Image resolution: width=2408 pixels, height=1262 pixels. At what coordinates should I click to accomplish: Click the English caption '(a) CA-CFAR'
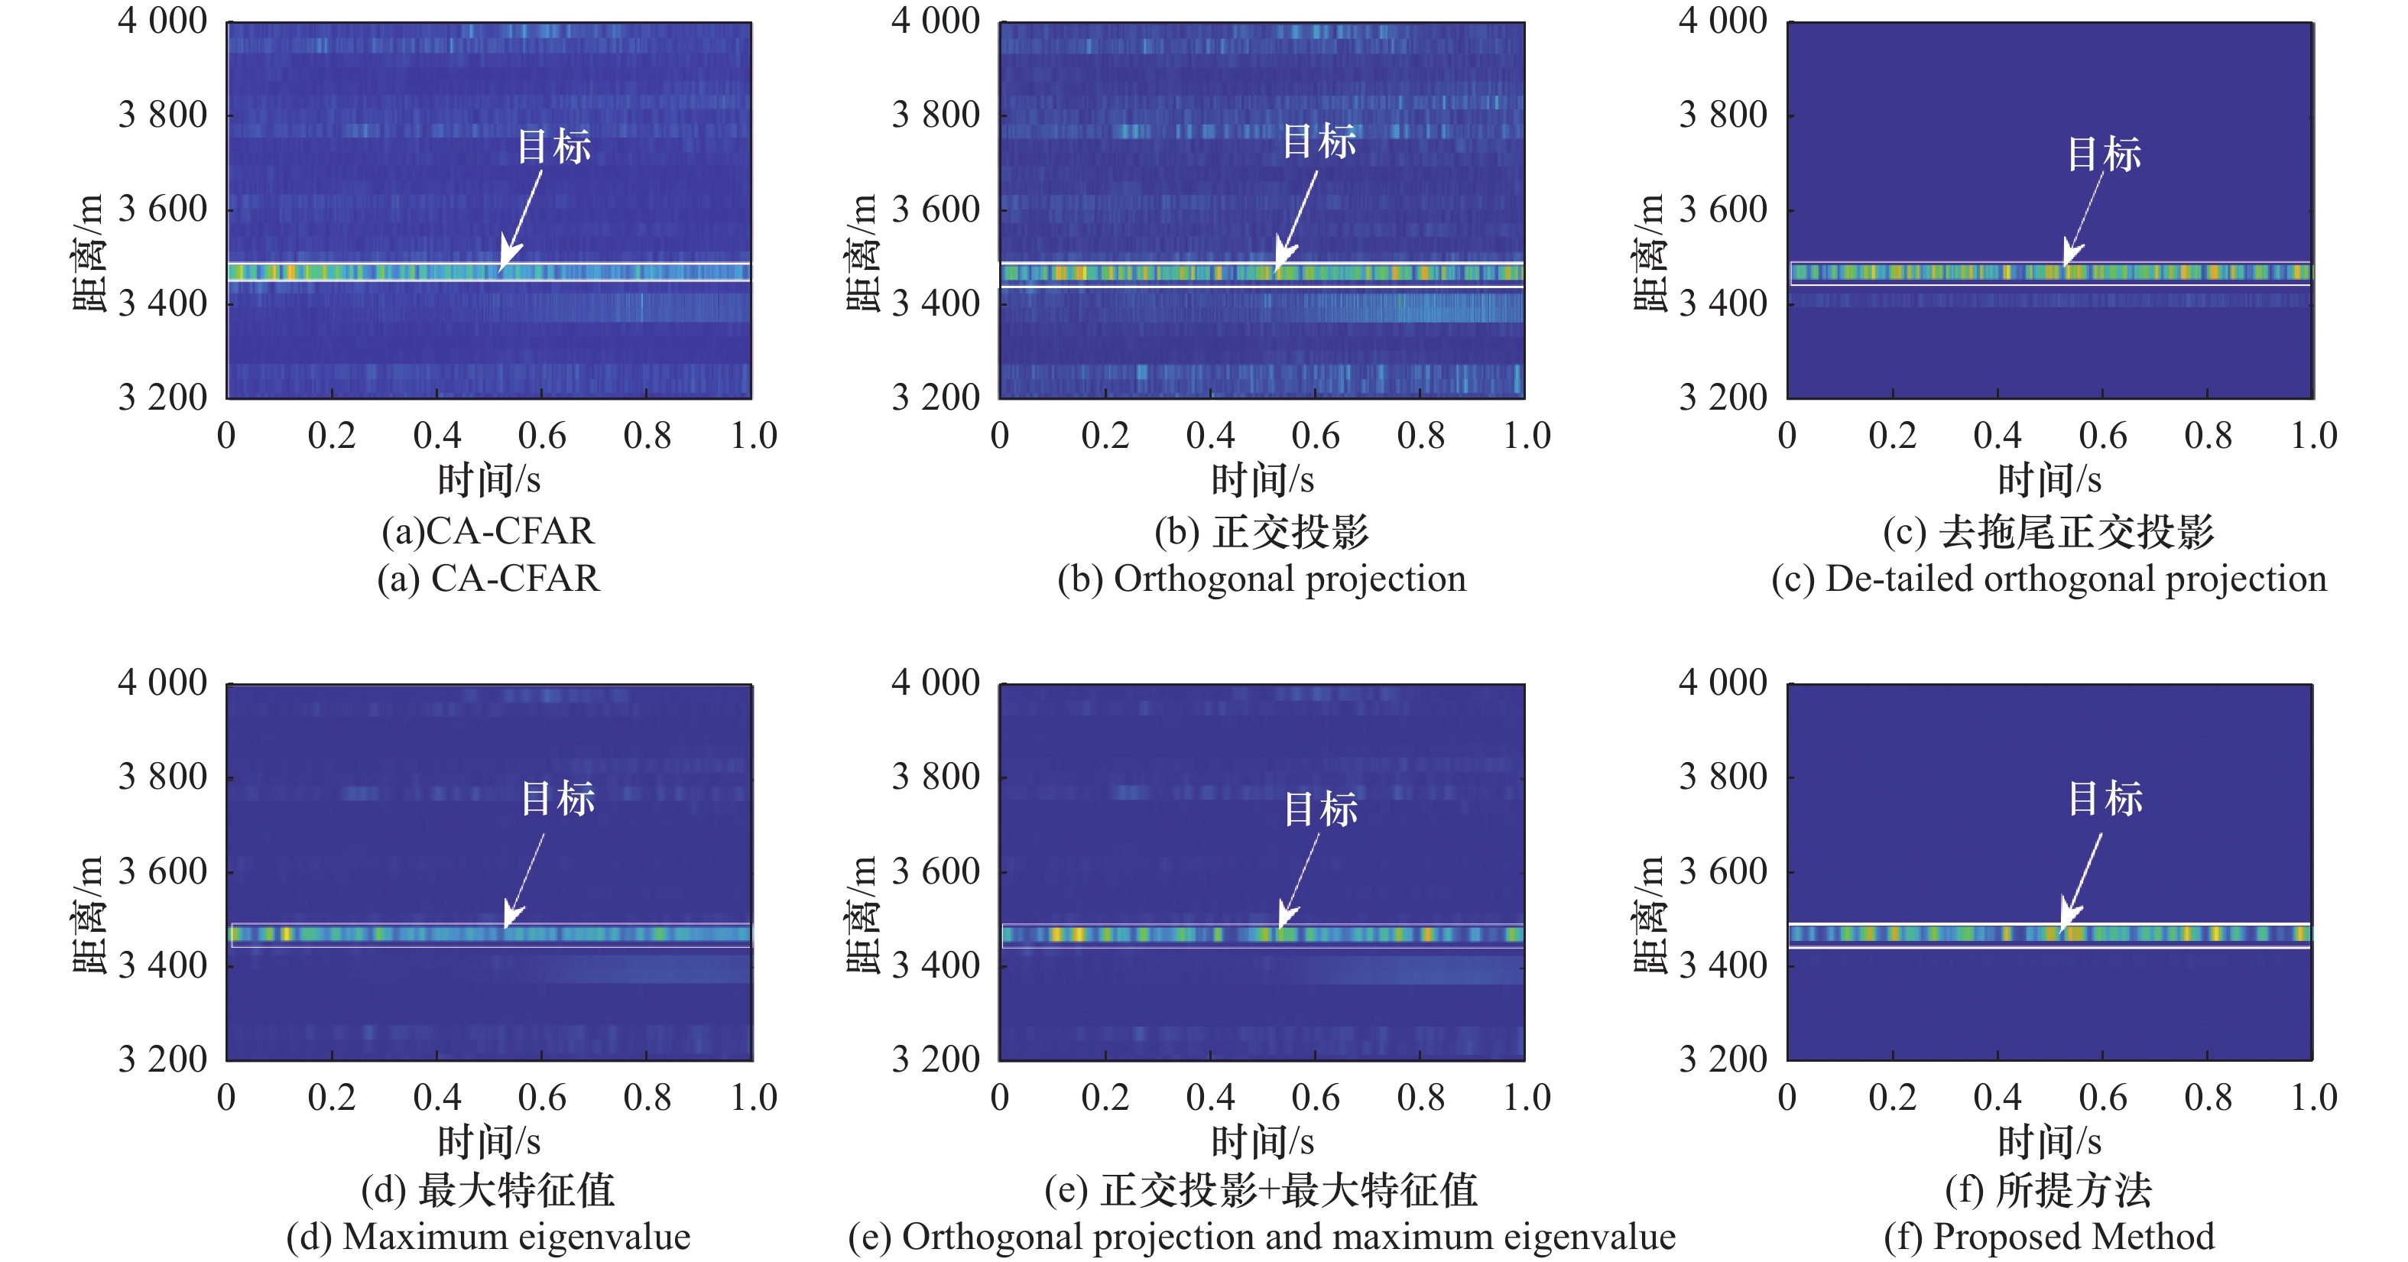488,579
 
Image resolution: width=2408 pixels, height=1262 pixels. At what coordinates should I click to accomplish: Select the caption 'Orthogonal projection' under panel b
1261,579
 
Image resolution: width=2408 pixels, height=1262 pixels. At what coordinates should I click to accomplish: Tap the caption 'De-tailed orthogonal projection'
2048,579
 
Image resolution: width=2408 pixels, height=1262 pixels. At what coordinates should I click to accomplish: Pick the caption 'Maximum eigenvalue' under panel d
488,1237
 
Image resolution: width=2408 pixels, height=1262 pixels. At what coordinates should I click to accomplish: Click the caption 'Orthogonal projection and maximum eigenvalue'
1261,1237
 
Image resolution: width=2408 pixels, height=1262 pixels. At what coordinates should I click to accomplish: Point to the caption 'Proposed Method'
2048,1237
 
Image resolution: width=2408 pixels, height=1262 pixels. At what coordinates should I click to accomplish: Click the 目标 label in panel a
554,147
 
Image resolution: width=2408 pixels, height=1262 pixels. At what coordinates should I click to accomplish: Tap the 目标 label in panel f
2105,798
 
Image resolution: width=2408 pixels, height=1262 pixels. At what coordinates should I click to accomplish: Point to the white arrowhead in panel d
513,913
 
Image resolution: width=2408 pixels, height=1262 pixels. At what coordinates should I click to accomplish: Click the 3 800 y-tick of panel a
163,115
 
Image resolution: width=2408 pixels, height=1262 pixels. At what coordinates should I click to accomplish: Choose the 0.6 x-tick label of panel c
2102,436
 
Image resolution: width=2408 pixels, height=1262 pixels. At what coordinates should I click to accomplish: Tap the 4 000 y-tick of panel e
936,683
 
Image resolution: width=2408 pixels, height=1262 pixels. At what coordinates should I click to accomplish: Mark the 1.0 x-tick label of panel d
754,1097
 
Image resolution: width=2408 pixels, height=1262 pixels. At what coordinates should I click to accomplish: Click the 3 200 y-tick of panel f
1723,1059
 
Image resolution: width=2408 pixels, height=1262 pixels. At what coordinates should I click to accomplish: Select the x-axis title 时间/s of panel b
1262,481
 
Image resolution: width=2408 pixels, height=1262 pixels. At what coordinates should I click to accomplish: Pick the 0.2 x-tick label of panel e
1105,1097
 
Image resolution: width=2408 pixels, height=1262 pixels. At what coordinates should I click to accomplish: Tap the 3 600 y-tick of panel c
1723,209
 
